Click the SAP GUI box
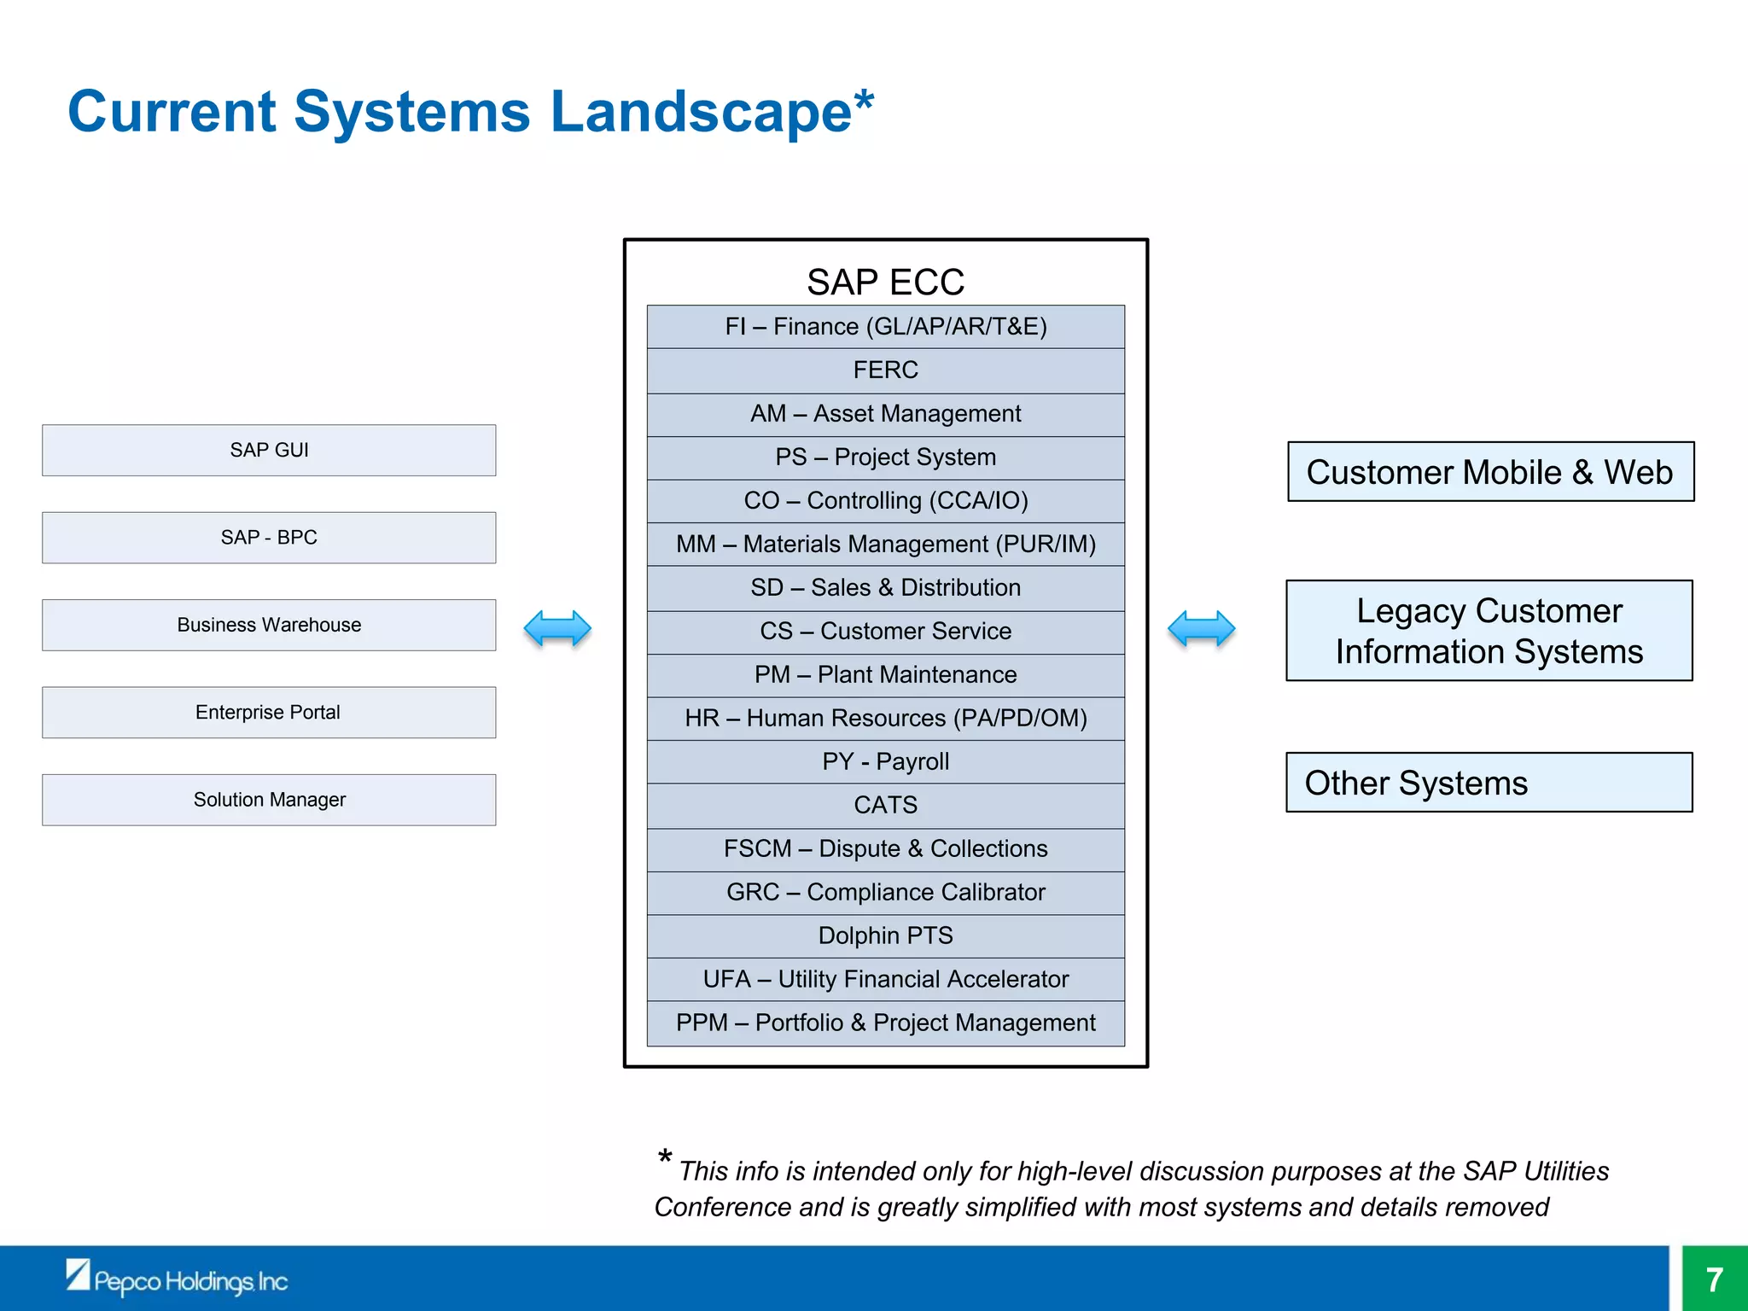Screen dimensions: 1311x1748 (x=269, y=450)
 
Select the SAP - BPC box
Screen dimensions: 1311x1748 (x=269, y=538)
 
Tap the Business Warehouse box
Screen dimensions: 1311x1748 (x=269, y=625)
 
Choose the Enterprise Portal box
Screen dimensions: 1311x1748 (x=269, y=712)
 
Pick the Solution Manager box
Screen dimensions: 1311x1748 (x=269, y=800)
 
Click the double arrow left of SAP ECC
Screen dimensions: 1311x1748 (x=557, y=629)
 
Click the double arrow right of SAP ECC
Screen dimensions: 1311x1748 (x=1201, y=629)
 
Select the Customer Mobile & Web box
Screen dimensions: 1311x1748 (x=1490, y=472)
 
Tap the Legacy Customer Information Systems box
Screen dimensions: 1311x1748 (x=1489, y=631)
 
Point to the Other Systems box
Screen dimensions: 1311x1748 (x=1489, y=783)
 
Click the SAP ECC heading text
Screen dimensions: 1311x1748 (x=885, y=283)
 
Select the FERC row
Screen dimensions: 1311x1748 (x=885, y=370)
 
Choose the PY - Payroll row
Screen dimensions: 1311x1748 (x=885, y=761)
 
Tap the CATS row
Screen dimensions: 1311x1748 (x=885, y=805)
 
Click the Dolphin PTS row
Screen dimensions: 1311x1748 (x=885, y=935)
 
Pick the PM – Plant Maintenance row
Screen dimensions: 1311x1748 (x=885, y=674)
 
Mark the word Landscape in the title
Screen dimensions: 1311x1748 (x=700, y=113)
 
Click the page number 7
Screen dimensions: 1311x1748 (x=1715, y=1279)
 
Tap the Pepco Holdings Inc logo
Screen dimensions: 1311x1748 (x=178, y=1279)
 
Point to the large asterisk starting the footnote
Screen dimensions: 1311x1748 (x=665, y=1159)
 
